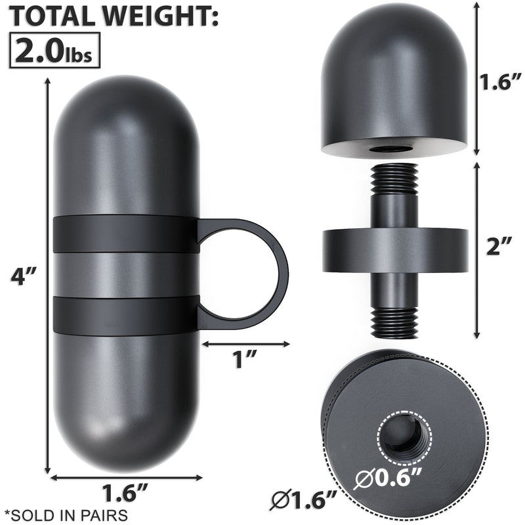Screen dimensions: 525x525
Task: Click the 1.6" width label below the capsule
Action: (x=123, y=492)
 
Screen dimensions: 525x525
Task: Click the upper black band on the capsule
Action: (x=125, y=234)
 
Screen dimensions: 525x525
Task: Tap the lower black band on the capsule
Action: (x=125, y=314)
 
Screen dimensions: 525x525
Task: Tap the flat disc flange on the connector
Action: (x=394, y=250)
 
